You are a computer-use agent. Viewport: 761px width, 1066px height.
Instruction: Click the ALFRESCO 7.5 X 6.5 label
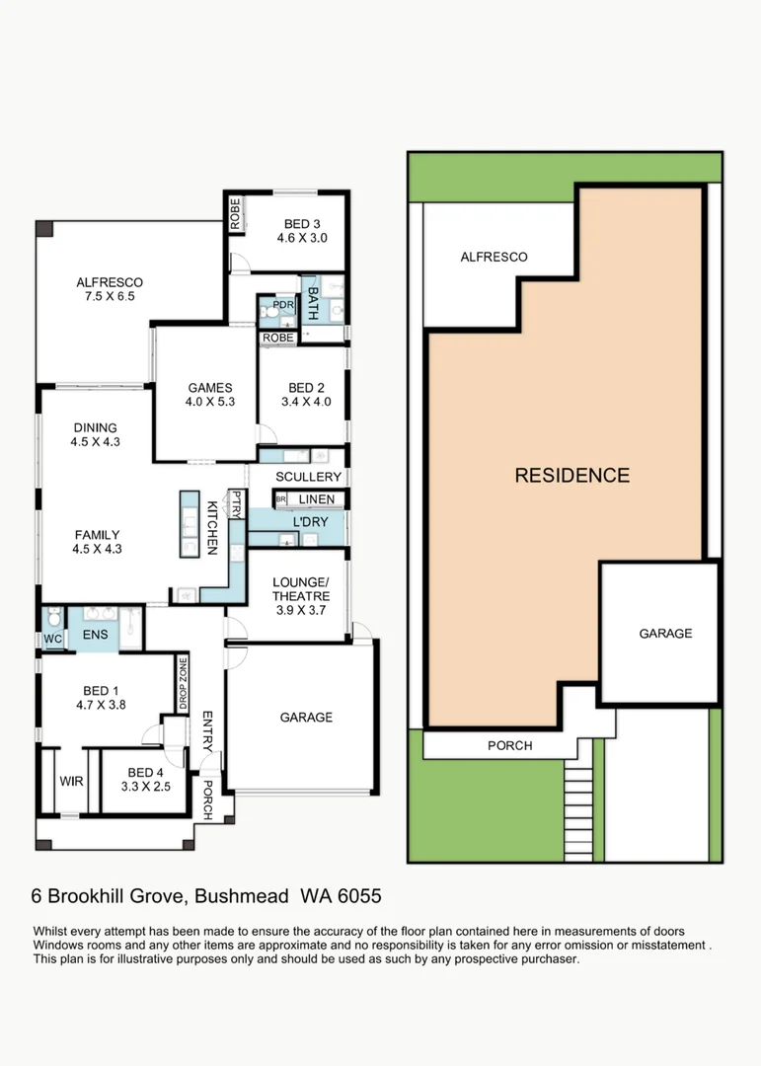[x=110, y=289]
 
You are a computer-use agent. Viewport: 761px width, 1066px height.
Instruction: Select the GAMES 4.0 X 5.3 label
[x=208, y=395]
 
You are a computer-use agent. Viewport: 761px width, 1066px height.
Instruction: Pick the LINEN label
[x=316, y=499]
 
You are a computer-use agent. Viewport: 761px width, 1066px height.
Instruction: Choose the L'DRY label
[x=309, y=519]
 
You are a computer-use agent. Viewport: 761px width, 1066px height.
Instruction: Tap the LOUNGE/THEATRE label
[x=301, y=589]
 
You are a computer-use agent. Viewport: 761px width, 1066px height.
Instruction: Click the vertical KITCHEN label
[x=211, y=527]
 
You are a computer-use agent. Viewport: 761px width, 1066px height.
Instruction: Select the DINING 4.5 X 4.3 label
[x=95, y=435]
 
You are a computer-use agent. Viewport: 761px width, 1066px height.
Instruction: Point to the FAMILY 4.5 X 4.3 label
[x=97, y=542]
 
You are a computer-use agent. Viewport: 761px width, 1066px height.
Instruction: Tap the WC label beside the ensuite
[x=52, y=639]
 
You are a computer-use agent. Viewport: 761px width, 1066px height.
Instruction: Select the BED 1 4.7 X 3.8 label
[x=100, y=697]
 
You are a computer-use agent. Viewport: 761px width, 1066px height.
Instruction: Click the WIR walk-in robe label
[x=71, y=781]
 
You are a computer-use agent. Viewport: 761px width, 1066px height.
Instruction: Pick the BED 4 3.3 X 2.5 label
[x=145, y=779]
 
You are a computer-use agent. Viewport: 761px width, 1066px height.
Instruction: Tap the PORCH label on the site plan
[x=509, y=745]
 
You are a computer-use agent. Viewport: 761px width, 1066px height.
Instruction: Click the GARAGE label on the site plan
[x=665, y=633]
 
